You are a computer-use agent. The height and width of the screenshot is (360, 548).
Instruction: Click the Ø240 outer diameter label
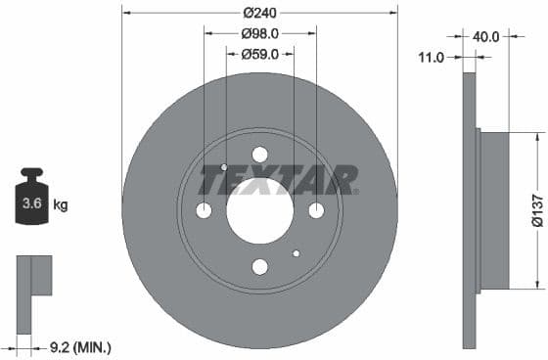coord(259,13)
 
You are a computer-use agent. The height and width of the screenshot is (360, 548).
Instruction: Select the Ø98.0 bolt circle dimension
coord(259,33)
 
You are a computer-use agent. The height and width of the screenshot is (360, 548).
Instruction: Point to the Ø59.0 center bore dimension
coord(260,55)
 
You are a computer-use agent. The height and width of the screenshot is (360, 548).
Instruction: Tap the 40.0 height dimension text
coord(486,36)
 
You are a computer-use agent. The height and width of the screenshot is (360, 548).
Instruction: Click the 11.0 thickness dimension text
coord(432,58)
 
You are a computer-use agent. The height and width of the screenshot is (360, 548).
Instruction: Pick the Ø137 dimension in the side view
coord(537,210)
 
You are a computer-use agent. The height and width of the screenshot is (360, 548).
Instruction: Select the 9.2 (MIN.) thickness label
coord(80,346)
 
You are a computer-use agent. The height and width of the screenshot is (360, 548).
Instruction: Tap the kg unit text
coord(61,205)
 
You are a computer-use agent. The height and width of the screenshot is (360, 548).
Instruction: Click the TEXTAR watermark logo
coord(278,181)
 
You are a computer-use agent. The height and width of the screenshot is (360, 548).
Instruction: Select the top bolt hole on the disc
coord(259,155)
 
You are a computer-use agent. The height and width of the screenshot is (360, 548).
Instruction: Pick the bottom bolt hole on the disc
coord(259,266)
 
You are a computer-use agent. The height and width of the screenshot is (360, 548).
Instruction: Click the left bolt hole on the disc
coord(204,210)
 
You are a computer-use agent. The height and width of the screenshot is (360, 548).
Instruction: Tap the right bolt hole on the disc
coord(316,210)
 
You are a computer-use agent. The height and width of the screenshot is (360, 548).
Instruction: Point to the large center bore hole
coord(259,210)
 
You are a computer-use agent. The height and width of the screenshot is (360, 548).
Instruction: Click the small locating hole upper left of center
coord(224,167)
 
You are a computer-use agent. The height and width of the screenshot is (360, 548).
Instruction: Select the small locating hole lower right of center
coord(296,253)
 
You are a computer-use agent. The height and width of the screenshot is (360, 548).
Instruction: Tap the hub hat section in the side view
coord(495,210)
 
